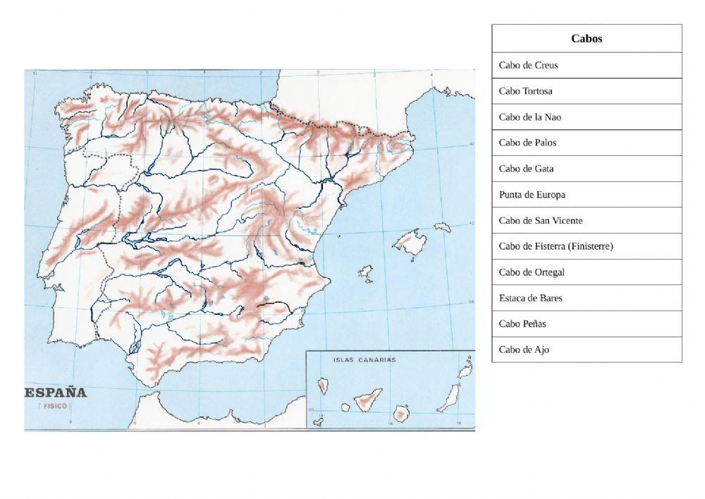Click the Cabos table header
pos(587,39)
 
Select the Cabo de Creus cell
pos(587,65)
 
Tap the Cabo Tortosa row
pos(587,91)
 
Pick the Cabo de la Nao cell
pos(587,117)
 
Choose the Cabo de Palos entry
pos(587,143)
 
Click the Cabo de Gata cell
pos(587,169)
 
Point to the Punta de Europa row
pos(587,195)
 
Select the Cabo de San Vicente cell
pos(587,220)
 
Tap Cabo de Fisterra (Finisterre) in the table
pos(587,246)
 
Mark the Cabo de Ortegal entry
pos(587,272)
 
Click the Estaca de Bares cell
pos(587,298)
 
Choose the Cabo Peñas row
pos(587,324)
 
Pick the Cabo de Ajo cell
pos(587,349)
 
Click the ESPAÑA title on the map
pos(56,392)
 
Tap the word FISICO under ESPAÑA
pos(52,407)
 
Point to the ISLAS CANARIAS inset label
pos(364,359)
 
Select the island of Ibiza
pos(365,272)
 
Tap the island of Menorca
pos(442,227)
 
